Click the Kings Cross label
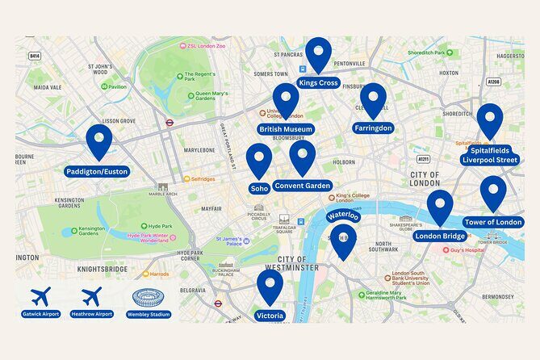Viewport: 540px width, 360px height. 318,82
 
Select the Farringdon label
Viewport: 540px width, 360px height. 373,128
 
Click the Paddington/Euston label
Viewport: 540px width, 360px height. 97,171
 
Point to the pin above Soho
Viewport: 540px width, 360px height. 259,160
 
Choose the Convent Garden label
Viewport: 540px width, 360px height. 303,186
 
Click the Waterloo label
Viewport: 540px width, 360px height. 343,216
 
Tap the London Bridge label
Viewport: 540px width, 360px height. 440,237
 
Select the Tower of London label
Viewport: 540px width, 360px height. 493,222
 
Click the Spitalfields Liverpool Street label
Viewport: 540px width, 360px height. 490,155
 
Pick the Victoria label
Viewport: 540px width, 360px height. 270,315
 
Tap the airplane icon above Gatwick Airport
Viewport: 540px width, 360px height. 40,296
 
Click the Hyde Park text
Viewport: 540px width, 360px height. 155,227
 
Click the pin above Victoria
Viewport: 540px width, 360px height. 270,286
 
